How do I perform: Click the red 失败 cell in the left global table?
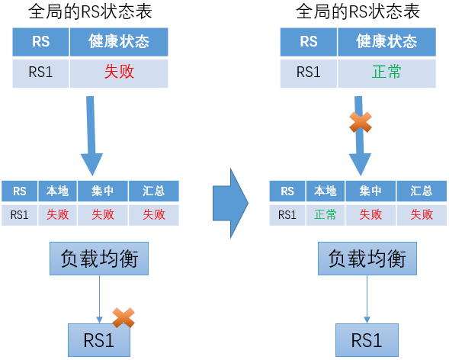click(119, 73)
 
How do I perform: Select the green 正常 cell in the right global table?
click(386, 73)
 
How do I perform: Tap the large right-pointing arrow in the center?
click(230, 203)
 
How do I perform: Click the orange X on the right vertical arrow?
click(361, 122)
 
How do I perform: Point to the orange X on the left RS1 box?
click(123, 317)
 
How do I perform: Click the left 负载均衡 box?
click(99, 259)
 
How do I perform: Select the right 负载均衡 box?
click(367, 259)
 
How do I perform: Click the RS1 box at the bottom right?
click(367, 340)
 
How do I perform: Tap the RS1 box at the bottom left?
click(99, 340)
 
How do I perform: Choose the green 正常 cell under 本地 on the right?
click(326, 215)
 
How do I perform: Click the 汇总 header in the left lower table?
click(154, 191)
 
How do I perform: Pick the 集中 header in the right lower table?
click(370, 191)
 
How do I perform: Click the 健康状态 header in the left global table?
click(119, 42)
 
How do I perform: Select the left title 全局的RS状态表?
click(90, 12)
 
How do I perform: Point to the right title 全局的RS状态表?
click(358, 12)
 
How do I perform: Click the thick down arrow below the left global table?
click(91, 136)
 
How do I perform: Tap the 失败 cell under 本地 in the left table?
click(58, 215)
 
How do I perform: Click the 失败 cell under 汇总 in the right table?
click(422, 215)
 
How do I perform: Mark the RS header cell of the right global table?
click(309, 42)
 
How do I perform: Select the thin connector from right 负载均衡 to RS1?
click(367, 299)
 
